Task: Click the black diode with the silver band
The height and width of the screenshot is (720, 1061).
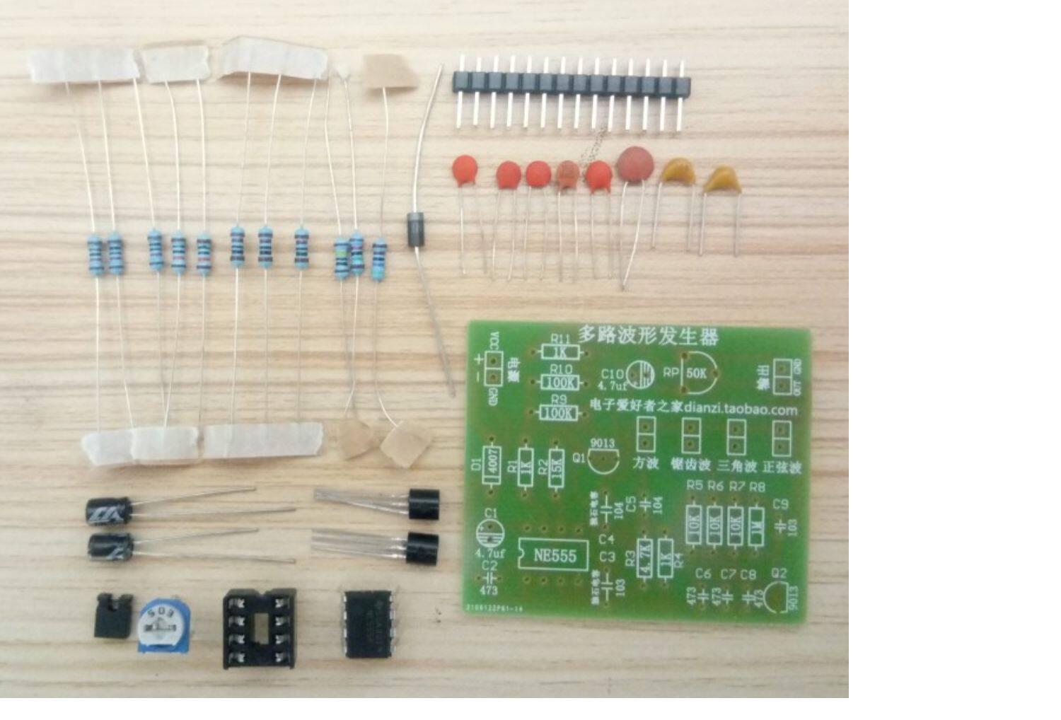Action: point(417,229)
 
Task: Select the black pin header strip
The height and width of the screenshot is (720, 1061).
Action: point(571,84)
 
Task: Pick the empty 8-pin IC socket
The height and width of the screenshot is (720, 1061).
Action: point(259,628)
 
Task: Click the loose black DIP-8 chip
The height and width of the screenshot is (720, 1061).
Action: point(369,622)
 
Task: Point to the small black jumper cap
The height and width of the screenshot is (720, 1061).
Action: point(113,616)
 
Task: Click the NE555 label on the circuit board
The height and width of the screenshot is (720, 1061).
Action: point(555,555)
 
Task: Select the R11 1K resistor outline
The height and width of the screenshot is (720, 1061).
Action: point(560,352)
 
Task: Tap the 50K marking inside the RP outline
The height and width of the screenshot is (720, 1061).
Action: point(697,373)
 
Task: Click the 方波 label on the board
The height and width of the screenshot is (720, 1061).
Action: point(645,464)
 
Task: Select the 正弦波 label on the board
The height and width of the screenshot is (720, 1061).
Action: point(782,468)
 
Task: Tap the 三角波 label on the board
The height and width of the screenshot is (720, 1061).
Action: point(736,466)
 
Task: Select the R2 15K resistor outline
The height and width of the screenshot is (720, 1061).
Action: point(557,468)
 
